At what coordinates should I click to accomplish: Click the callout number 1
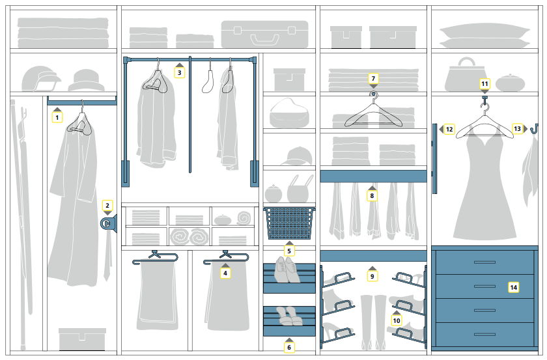point(57,118)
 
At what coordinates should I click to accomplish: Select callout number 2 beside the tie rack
point(107,205)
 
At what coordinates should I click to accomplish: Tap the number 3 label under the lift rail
point(180,73)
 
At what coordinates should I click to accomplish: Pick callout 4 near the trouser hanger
point(225,273)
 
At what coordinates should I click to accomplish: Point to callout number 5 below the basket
point(289,251)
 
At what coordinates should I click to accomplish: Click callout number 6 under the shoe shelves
point(289,347)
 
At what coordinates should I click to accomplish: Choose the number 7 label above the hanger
point(373,79)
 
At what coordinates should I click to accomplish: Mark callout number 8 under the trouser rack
point(372,195)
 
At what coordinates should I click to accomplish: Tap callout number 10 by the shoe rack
point(397,320)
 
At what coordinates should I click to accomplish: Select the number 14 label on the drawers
point(513,287)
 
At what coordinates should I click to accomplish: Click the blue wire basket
point(289,223)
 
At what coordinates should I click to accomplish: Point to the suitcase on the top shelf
point(264,35)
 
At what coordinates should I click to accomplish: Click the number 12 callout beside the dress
point(449,130)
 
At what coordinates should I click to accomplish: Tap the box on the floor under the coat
point(82,339)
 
